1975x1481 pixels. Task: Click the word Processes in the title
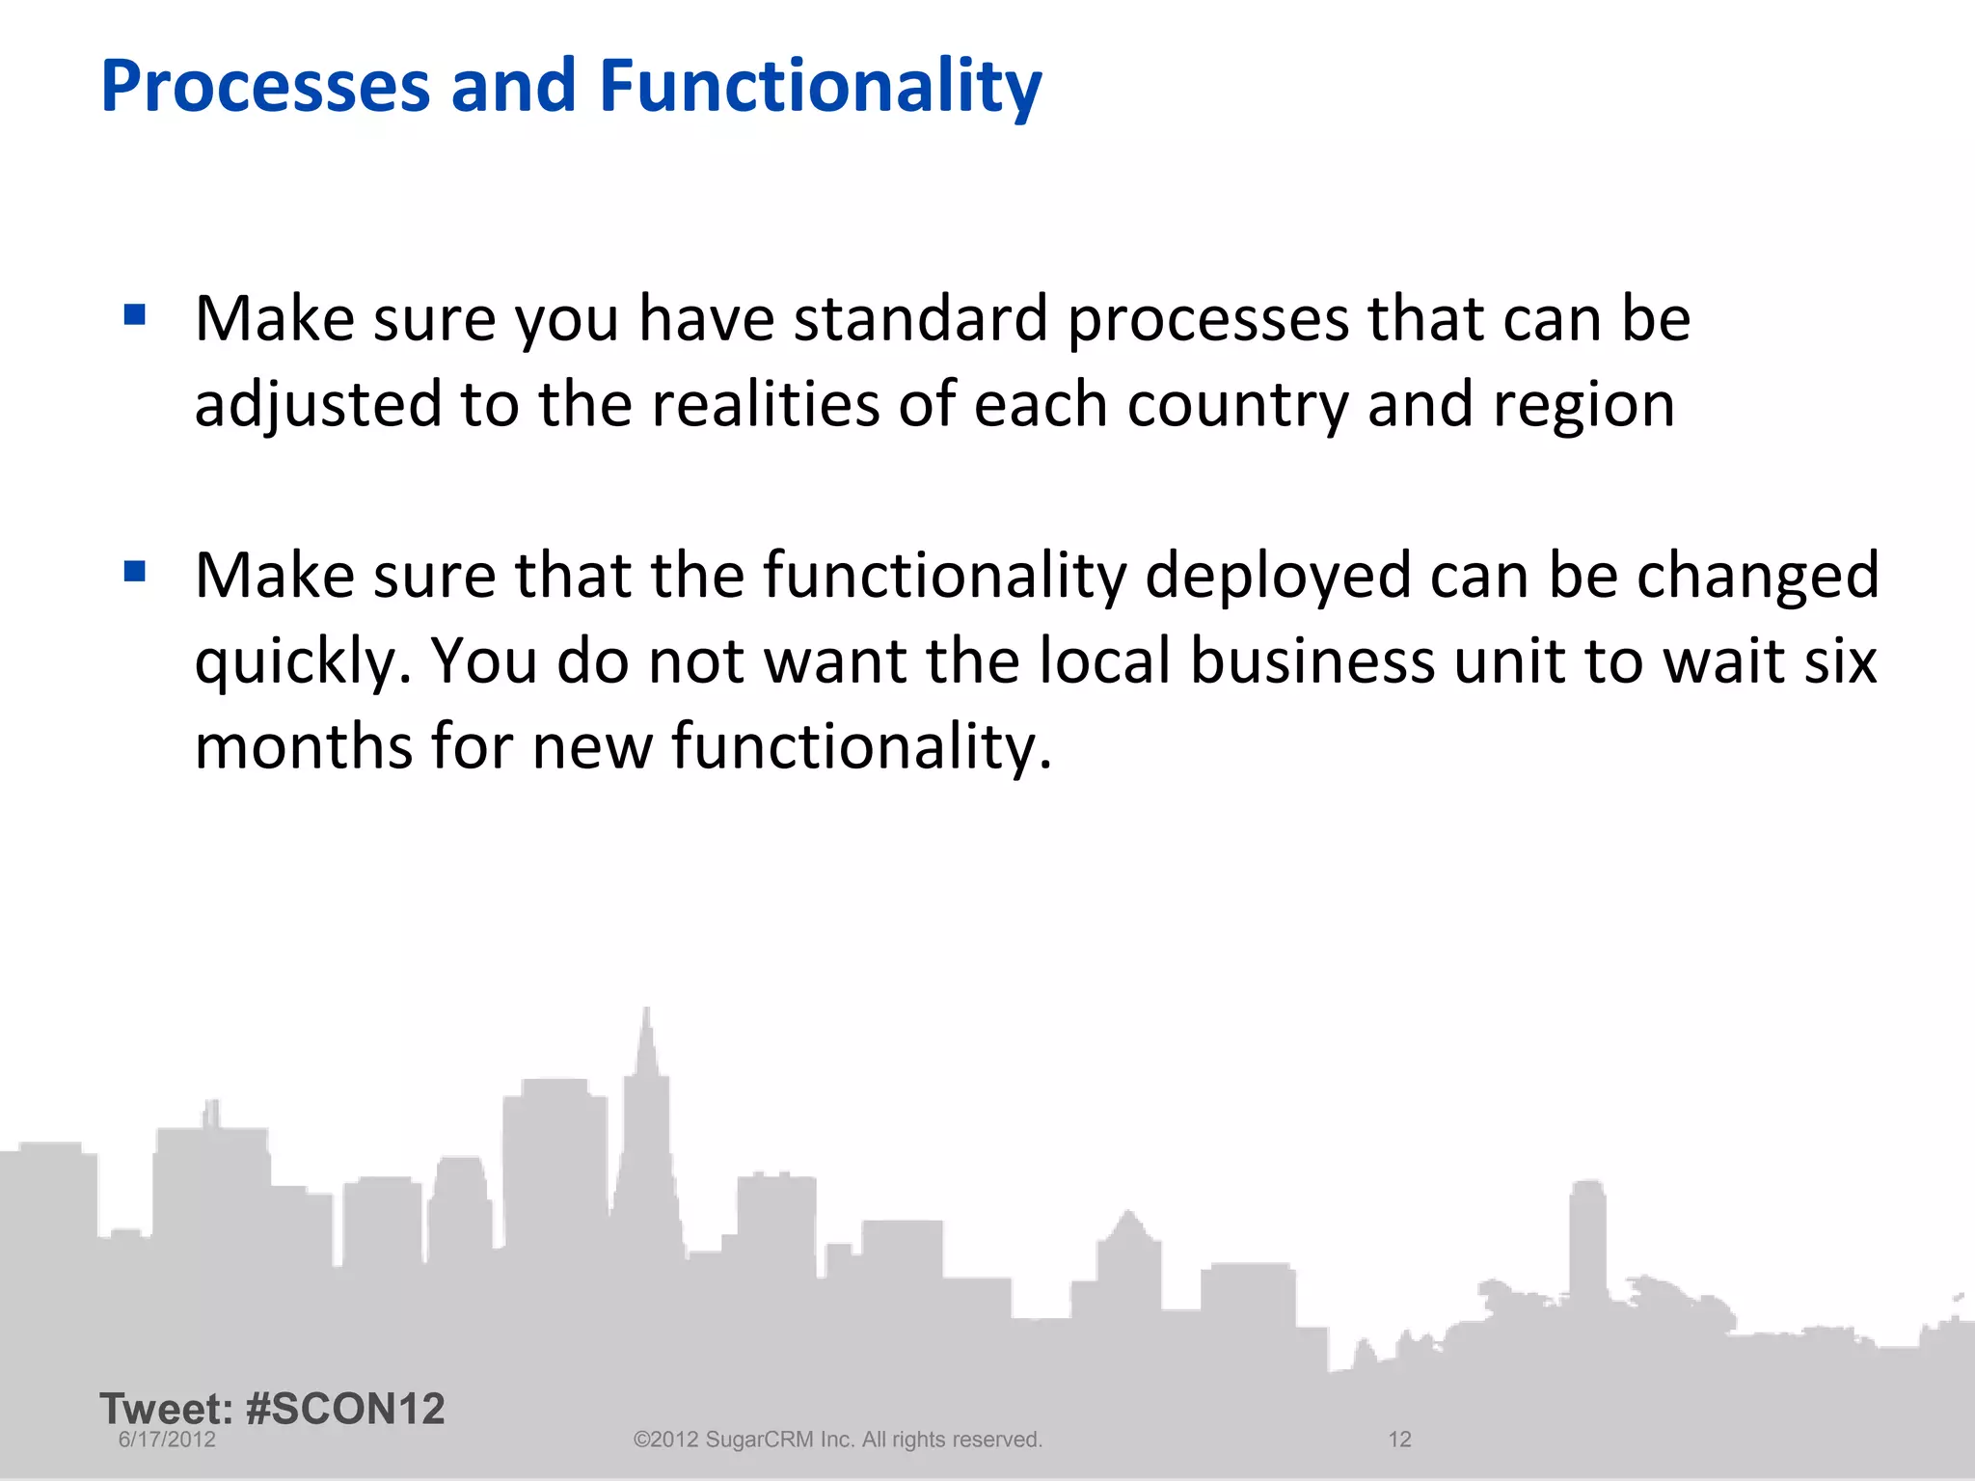click(264, 87)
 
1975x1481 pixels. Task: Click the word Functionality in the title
click(820, 87)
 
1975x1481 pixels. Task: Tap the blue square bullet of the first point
click(135, 315)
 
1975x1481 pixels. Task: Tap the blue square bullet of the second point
click(135, 573)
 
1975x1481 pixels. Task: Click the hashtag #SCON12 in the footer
click(345, 1409)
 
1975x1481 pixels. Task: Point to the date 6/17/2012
click(167, 1440)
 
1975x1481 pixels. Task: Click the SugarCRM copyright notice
click(837, 1440)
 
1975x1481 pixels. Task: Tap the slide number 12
click(1399, 1440)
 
